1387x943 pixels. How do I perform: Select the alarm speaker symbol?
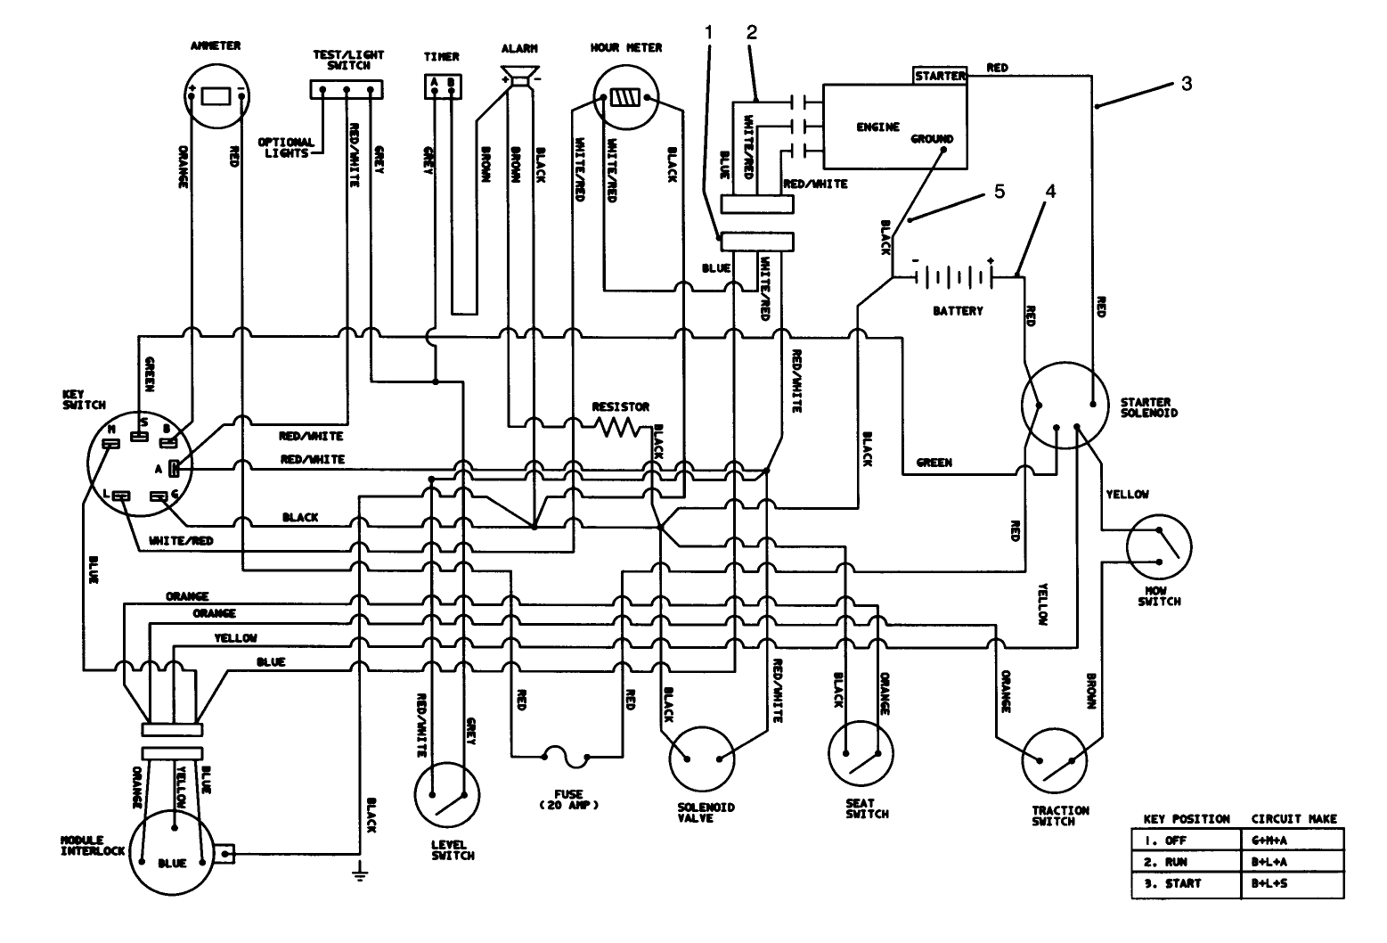pos(518,77)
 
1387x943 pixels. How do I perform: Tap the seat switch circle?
pos(861,753)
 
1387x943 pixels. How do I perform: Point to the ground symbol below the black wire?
pos(360,872)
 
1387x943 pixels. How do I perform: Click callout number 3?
pos(1186,85)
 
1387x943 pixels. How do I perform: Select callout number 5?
pos(999,193)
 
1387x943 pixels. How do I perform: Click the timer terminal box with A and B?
pos(442,84)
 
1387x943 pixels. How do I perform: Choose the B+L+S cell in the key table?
pos(1292,883)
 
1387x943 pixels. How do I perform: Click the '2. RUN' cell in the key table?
pos(1186,863)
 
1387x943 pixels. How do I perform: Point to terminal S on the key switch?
pos(139,434)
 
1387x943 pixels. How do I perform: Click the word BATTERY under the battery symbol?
pos(958,311)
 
